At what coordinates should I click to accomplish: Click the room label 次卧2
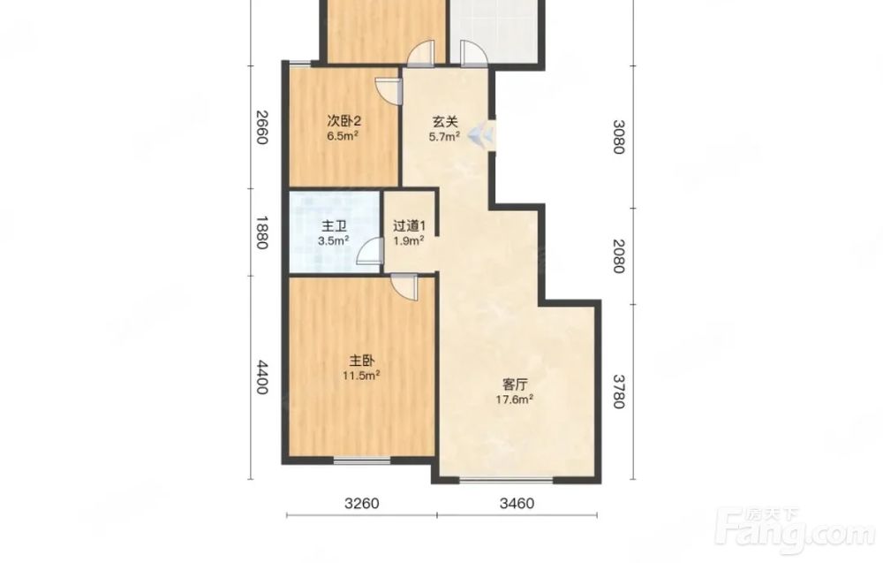pos(343,121)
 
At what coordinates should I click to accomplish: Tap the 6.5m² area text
pos(343,136)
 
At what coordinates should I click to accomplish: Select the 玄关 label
pos(445,122)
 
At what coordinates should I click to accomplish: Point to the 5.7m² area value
pos(444,136)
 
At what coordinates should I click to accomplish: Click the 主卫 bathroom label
pos(334,226)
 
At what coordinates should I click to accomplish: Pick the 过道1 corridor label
pos(410,226)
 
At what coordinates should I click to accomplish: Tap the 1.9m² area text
pos(409,241)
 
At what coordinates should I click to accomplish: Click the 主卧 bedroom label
pos(362,361)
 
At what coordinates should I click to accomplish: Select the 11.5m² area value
pos(361,376)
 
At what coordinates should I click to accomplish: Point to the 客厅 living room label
pos(515,385)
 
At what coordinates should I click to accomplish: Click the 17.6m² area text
pos(514,399)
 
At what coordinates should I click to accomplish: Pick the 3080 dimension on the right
pos(619,136)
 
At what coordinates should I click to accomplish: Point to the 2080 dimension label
pos(619,255)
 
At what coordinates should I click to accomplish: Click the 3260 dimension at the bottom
pos(361,503)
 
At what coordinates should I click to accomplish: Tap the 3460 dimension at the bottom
pos(517,503)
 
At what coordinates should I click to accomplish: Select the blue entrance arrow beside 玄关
pos(481,134)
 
